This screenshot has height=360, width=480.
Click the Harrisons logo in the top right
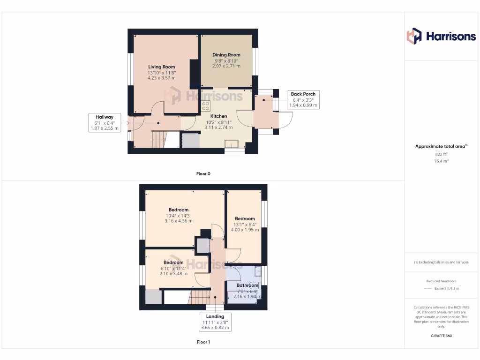[441, 36]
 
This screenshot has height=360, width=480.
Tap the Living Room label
[162, 67]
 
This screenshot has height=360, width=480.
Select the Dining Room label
[226, 55]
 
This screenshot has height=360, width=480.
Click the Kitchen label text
[218, 116]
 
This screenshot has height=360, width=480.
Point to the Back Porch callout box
[303, 100]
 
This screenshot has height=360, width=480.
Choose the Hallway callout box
[105, 122]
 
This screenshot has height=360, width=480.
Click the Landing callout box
[216, 322]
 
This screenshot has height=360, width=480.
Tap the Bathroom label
[247, 285]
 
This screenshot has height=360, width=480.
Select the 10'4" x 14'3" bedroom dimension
[178, 216]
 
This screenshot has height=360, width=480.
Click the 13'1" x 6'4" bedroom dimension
[245, 225]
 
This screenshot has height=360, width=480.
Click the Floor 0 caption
[203, 174]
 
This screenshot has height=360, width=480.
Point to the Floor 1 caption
[203, 342]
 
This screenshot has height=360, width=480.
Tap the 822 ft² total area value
[441, 154]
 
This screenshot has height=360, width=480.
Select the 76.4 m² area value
[441, 161]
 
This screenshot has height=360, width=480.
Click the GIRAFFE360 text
[441, 336]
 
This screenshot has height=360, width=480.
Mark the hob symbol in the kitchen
[205, 105]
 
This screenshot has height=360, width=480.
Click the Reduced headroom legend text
[441, 281]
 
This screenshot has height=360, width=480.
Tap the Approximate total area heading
[441, 146]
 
